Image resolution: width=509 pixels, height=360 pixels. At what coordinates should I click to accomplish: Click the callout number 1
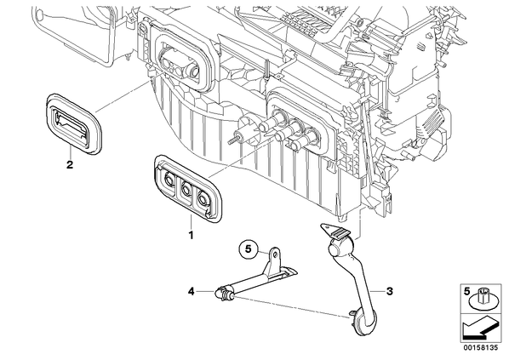[x=191, y=235]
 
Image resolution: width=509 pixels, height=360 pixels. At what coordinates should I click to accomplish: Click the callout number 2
[x=70, y=164]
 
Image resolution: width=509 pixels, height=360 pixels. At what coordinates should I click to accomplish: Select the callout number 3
[x=389, y=291]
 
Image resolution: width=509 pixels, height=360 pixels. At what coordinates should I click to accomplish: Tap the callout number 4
[x=192, y=292]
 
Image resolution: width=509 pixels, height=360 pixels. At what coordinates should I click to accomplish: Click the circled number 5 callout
[x=249, y=249]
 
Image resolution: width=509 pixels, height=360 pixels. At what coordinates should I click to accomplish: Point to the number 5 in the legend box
[x=466, y=291]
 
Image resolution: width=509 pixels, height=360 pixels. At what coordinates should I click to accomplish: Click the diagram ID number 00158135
[x=480, y=347]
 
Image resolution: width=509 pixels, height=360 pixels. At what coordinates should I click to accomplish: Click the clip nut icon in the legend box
[x=483, y=300]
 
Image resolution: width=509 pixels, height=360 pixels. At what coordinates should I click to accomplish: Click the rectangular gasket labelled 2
[x=73, y=123]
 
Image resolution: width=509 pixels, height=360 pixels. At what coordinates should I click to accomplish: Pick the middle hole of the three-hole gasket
[x=186, y=188]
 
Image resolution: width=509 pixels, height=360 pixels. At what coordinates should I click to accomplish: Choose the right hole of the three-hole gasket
[x=204, y=198]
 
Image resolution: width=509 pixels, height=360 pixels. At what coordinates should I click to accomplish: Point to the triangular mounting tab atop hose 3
[x=329, y=228]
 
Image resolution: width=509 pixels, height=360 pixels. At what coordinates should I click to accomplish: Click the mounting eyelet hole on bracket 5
[x=276, y=254]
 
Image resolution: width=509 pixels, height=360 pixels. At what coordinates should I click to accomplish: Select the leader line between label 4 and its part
[x=205, y=292]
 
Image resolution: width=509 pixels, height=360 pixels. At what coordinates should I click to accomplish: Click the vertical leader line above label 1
[x=192, y=221]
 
